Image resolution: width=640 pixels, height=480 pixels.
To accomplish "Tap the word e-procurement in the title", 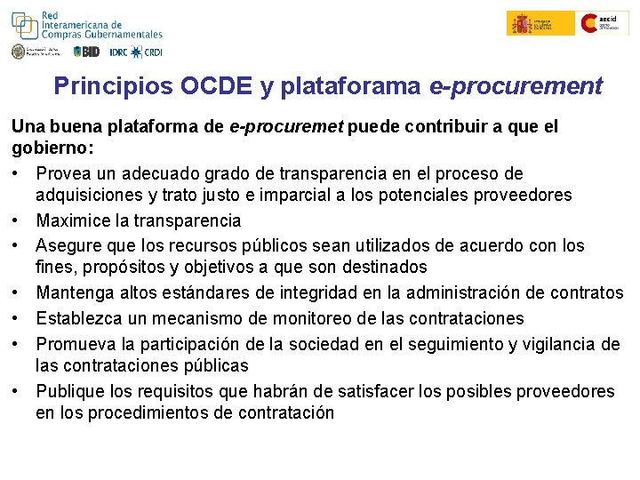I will click(516, 86).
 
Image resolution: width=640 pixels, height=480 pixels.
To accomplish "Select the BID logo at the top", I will click(86, 52).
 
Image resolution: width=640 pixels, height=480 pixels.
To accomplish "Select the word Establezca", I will click(84, 318).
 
